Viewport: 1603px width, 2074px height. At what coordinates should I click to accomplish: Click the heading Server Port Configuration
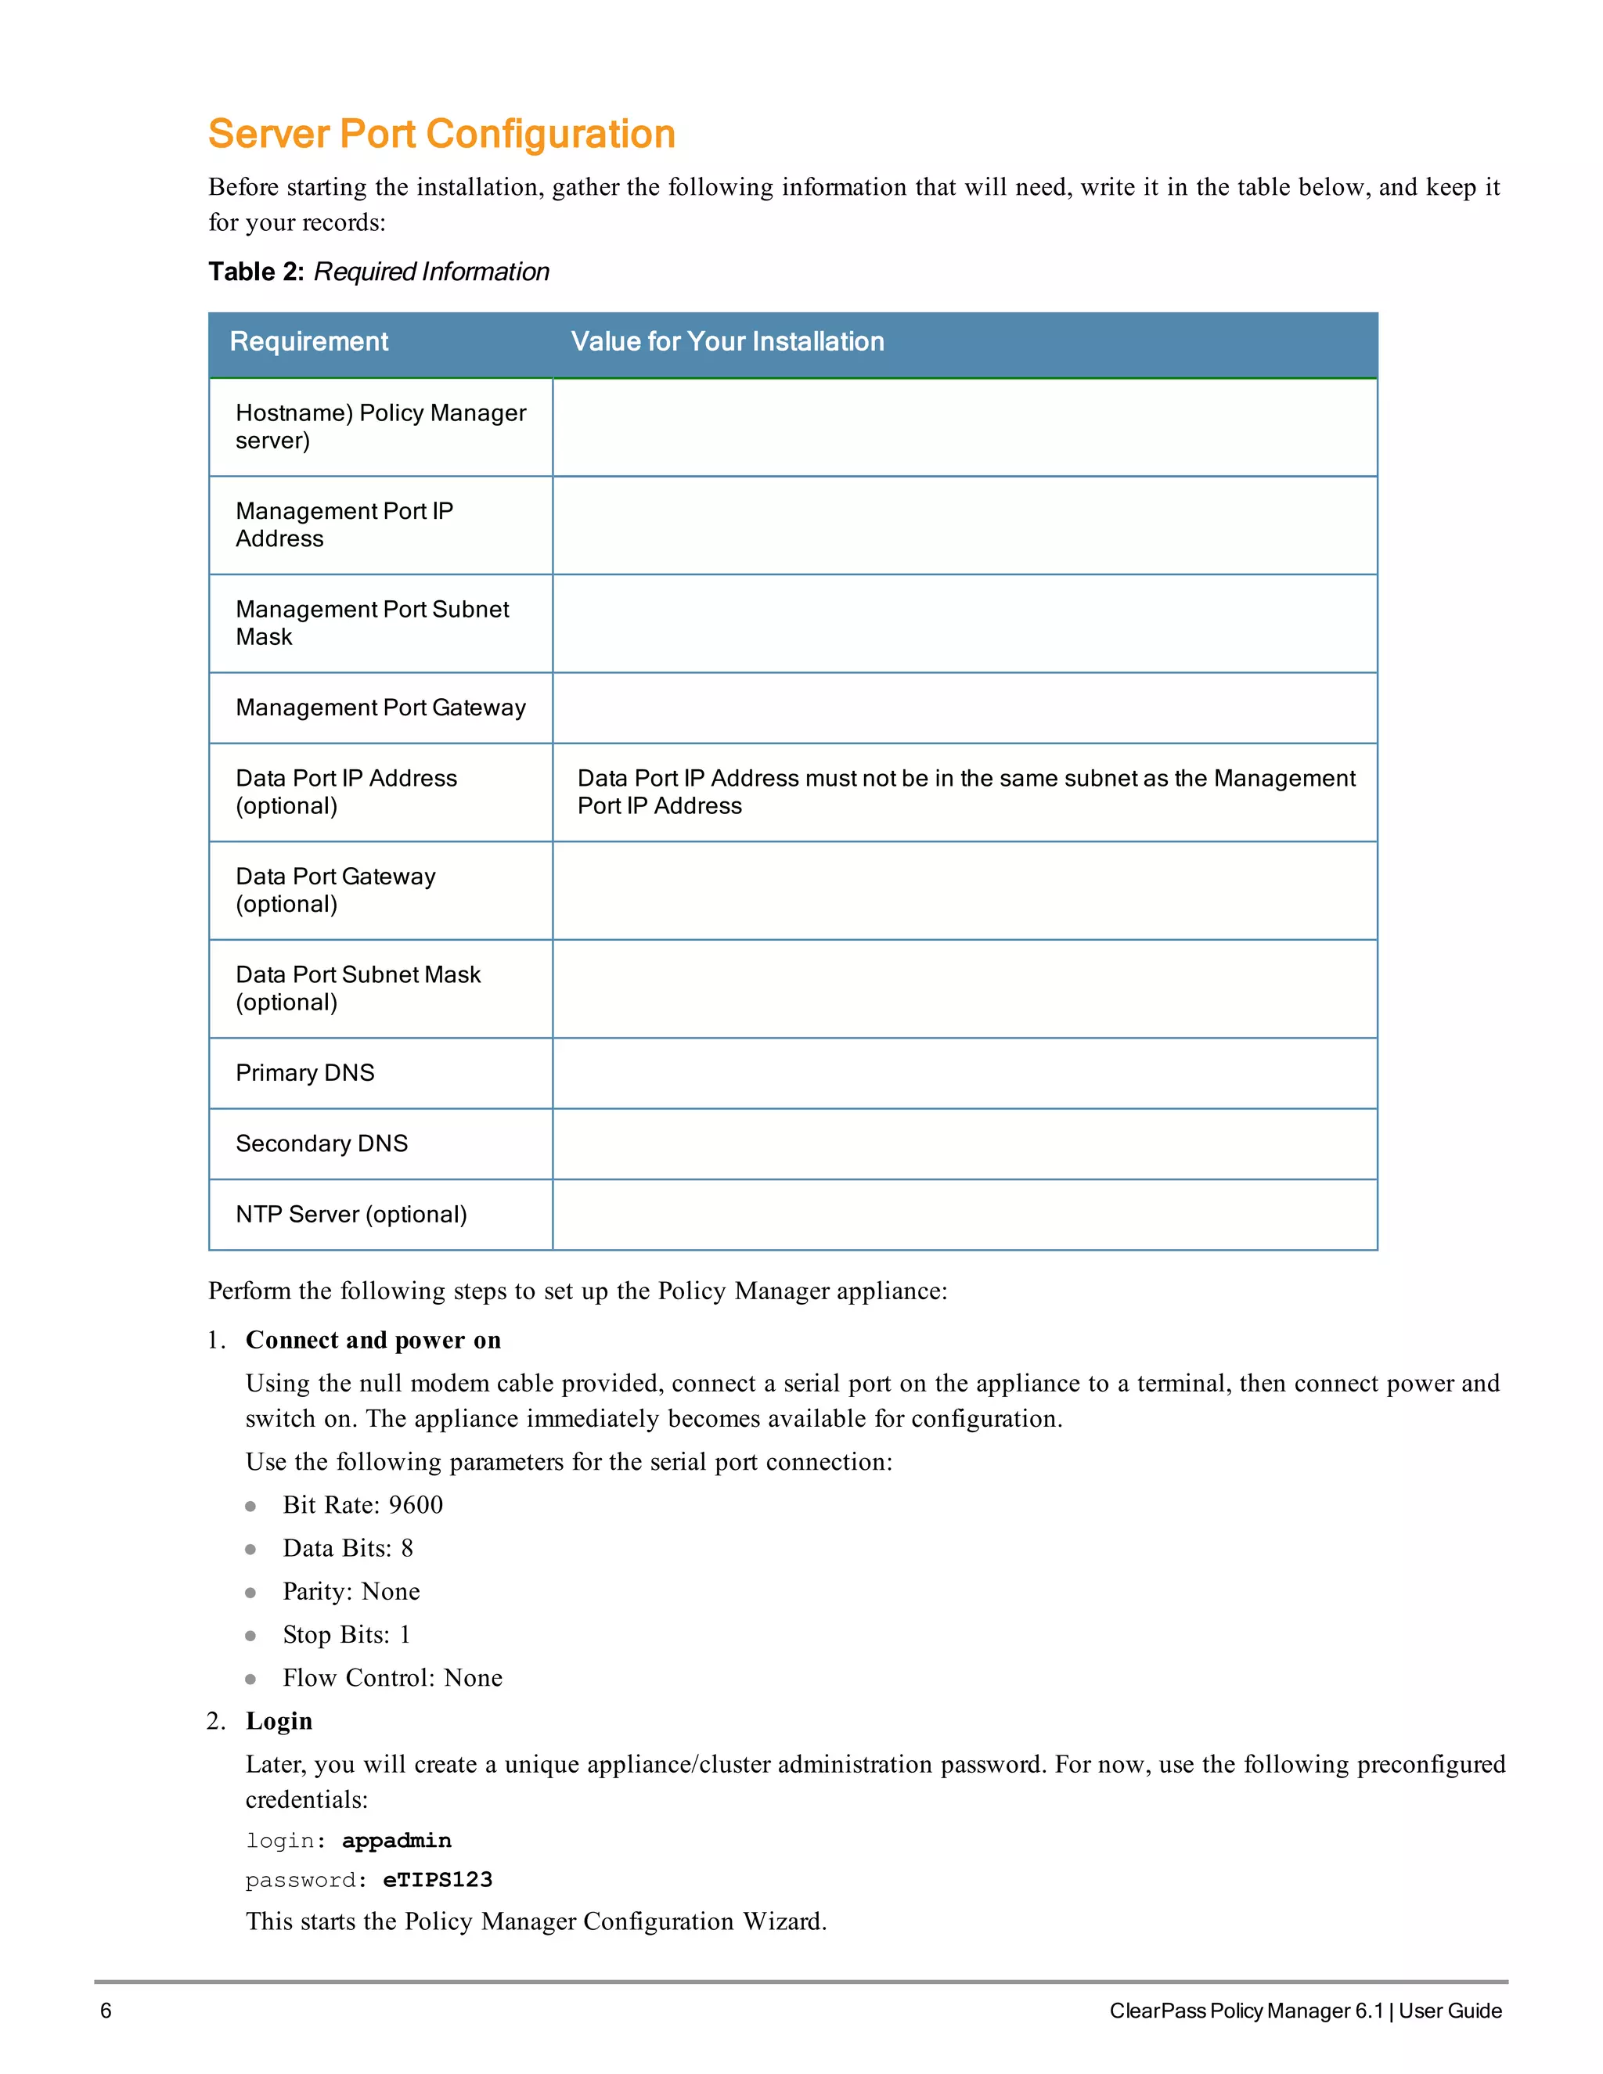point(441,134)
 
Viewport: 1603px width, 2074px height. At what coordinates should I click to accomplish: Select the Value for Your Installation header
point(727,342)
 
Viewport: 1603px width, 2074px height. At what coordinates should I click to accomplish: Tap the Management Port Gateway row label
point(380,708)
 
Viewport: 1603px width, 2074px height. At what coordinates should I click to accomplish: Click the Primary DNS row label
point(304,1073)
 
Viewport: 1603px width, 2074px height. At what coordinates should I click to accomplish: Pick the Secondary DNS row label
point(321,1143)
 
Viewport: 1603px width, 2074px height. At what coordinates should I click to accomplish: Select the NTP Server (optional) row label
point(351,1215)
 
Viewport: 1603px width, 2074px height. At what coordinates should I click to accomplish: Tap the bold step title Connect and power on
point(373,1340)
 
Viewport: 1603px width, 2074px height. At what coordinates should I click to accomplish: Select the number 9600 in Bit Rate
point(416,1505)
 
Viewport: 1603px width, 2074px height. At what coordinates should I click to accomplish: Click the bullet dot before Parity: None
point(250,1593)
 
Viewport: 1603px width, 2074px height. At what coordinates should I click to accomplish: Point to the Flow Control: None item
point(392,1678)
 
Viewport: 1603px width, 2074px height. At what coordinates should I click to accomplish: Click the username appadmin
point(396,1841)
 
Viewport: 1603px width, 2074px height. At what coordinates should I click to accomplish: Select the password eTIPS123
point(438,1880)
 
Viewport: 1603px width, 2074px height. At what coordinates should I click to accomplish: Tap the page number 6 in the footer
point(106,2011)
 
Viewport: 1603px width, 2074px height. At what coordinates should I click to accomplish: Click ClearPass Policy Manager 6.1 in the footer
point(1246,2011)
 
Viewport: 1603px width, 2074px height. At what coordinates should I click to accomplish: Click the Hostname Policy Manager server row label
point(380,427)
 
